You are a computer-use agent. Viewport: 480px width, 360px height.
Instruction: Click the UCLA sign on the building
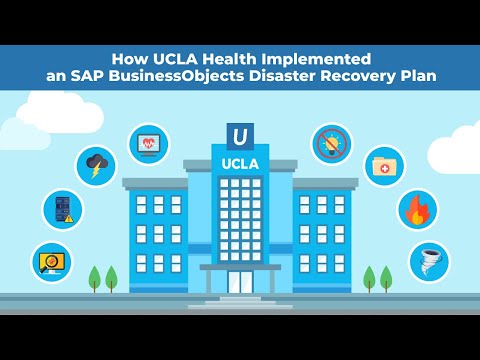(240, 162)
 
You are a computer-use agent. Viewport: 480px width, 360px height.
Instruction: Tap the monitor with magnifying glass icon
(50, 260)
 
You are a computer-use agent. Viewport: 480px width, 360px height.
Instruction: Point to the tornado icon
(429, 260)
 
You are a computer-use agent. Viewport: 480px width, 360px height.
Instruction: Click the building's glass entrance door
(240, 281)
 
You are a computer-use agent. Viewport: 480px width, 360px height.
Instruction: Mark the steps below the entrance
(240, 301)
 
